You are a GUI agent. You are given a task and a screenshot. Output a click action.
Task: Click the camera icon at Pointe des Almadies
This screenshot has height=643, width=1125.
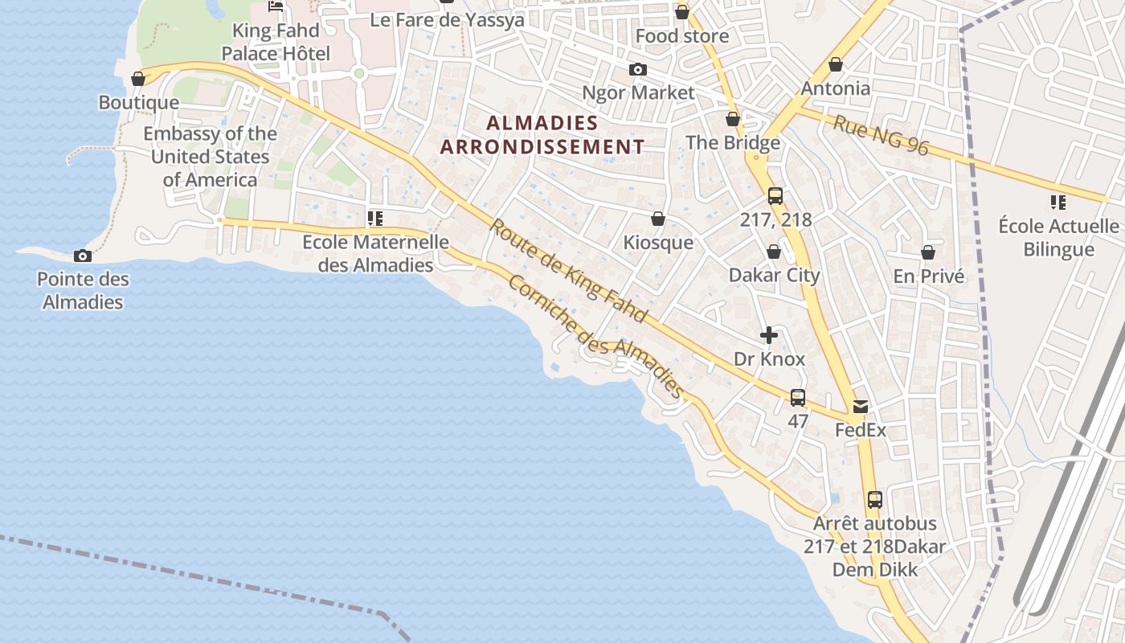[82, 256]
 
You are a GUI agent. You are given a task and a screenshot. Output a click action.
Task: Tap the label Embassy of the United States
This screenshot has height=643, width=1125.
[210, 156]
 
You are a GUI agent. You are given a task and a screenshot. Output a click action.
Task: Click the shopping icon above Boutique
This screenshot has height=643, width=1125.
[138, 79]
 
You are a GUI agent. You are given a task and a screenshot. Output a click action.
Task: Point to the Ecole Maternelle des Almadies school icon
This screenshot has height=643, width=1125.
[374, 218]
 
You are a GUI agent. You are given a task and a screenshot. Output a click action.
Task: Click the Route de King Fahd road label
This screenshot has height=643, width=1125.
[568, 271]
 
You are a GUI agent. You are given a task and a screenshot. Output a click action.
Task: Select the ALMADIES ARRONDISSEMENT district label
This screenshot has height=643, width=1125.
[542, 134]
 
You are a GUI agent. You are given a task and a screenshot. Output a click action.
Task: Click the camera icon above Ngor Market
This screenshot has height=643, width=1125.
[638, 69]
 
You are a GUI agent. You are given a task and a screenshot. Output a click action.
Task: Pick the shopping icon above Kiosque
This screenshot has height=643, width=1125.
[657, 219]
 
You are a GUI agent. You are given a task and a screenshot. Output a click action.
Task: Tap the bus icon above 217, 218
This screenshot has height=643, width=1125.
[775, 195]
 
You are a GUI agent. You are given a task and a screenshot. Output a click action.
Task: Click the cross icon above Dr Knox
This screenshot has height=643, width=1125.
[769, 335]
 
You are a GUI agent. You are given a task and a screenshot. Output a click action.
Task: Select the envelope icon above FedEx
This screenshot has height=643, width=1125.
[861, 407]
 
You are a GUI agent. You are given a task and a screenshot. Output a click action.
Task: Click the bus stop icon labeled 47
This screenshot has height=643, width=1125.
[798, 397]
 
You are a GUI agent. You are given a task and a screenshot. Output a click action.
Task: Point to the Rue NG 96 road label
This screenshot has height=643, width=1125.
[881, 135]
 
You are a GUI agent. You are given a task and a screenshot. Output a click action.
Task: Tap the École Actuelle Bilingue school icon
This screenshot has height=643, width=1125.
[1058, 202]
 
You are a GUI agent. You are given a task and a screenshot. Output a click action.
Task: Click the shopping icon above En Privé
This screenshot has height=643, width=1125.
[928, 252]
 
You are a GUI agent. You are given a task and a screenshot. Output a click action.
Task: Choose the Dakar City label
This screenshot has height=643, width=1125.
[774, 275]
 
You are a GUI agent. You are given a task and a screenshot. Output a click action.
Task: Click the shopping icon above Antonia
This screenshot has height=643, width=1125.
[836, 64]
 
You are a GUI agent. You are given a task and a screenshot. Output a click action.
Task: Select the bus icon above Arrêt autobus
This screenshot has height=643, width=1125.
[875, 499]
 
